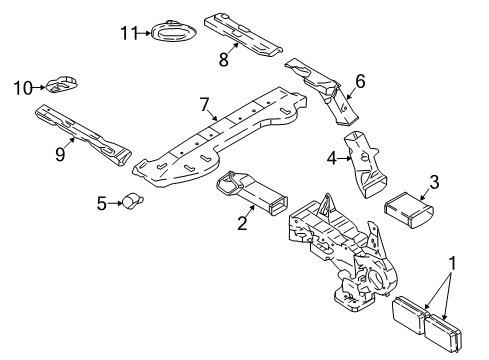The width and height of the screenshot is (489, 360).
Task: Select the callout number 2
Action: pyautogui.click(x=241, y=223)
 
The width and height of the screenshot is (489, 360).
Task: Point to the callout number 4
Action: pyautogui.click(x=331, y=156)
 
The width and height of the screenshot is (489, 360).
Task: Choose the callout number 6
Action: pyautogui.click(x=360, y=81)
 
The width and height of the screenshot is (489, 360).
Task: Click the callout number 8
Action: pyautogui.click(x=224, y=60)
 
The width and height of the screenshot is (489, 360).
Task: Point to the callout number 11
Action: pyautogui.click(x=126, y=33)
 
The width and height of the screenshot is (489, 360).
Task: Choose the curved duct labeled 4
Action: pyautogui.click(x=366, y=162)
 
